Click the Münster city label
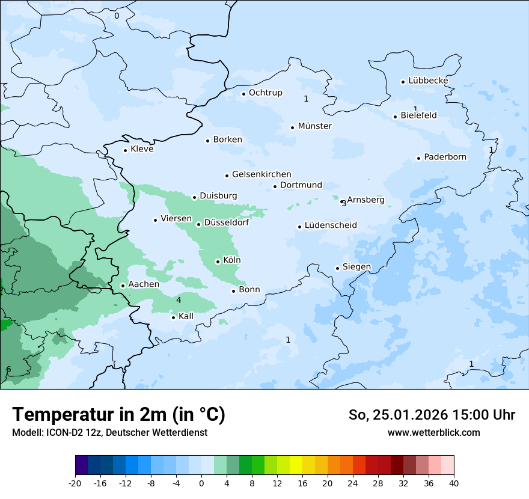click(314, 126)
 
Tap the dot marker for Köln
click(218, 262)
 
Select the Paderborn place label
click(445, 157)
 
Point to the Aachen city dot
click(123, 286)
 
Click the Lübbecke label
click(428, 81)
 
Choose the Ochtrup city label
click(265, 93)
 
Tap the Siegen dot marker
click(338, 268)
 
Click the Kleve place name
click(142, 149)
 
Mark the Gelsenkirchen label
click(261, 174)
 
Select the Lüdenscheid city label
click(331, 225)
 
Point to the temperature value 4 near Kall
click(179, 300)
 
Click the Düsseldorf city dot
click(199, 224)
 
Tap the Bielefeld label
click(418, 115)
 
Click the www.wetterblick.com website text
click(433, 433)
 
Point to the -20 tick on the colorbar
click(75, 483)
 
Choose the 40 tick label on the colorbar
click(454, 483)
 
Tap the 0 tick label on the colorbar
click(201, 483)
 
